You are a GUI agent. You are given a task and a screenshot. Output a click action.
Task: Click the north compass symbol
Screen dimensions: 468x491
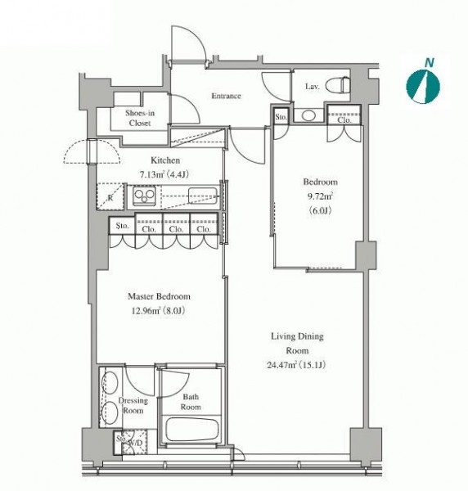pyautogui.click(x=423, y=87)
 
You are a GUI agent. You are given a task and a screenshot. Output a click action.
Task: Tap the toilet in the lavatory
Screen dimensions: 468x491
pyautogui.click(x=337, y=84)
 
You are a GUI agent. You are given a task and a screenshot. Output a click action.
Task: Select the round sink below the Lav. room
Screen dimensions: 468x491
pyautogui.click(x=308, y=115)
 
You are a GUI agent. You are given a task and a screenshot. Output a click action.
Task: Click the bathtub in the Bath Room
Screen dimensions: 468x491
pyautogui.click(x=191, y=430)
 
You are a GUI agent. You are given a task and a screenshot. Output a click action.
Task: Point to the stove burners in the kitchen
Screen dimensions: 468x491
pyautogui.click(x=144, y=196)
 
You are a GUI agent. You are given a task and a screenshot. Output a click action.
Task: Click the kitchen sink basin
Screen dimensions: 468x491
pyautogui.click(x=203, y=196)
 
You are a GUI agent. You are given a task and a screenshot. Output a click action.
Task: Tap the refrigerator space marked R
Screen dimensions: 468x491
pyautogui.click(x=110, y=197)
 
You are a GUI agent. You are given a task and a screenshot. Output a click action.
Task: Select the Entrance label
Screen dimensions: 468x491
pyautogui.click(x=226, y=96)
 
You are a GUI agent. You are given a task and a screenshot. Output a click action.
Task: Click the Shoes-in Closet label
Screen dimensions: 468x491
pyautogui.click(x=140, y=118)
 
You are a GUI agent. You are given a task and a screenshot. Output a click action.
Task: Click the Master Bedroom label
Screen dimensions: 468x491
pyautogui.click(x=159, y=296)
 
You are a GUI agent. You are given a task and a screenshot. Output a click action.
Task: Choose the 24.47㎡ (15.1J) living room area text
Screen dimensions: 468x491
pyautogui.click(x=296, y=365)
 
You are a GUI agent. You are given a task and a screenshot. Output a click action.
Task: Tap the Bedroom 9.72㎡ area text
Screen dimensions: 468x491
pyautogui.click(x=320, y=196)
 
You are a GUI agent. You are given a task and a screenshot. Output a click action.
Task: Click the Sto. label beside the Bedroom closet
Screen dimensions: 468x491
pyautogui.click(x=281, y=117)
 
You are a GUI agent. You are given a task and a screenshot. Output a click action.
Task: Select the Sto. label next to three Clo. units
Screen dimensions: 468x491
pyautogui.click(x=122, y=226)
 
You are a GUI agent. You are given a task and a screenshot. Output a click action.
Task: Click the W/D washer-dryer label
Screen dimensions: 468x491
pyautogui.click(x=135, y=444)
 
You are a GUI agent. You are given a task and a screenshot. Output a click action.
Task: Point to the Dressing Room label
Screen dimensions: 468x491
pyautogui.click(x=133, y=405)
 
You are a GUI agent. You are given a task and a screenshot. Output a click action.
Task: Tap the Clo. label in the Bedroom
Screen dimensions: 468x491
pyautogui.click(x=344, y=120)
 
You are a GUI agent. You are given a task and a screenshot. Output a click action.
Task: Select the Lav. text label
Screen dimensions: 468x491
pyautogui.click(x=313, y=87)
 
